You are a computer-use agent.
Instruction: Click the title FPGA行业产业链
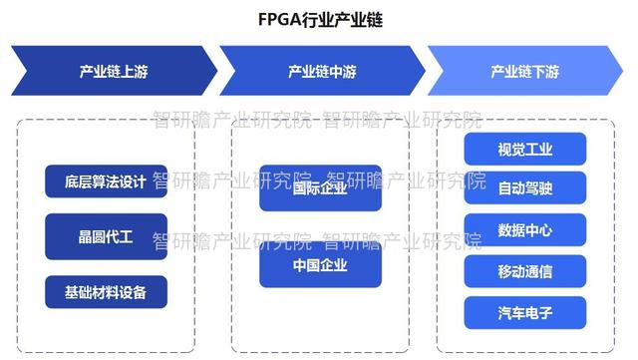(x=319, y=19)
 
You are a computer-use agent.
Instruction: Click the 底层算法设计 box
(x=106, y=181)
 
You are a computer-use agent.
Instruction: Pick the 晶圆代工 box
(x=106, y=237)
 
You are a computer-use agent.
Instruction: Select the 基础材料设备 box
(x=106, y=292)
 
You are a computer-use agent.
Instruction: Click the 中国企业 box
(x=320, y=265)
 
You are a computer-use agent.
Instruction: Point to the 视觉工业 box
(x=524, y=150)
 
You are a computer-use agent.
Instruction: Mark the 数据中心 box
(x=524, y=230)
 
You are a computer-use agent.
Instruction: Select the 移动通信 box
(x=524, y=271)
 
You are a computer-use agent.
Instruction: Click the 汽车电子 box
(x=524, y=312)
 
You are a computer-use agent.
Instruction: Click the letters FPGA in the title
(x=276, y=19)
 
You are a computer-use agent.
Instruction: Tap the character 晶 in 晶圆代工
(x=86, y=237)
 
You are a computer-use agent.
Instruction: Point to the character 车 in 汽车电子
(x=517, y=312)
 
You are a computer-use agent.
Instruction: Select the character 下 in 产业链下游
(x=538, y=72)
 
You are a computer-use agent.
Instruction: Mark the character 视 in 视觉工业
(x=504, y=150)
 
